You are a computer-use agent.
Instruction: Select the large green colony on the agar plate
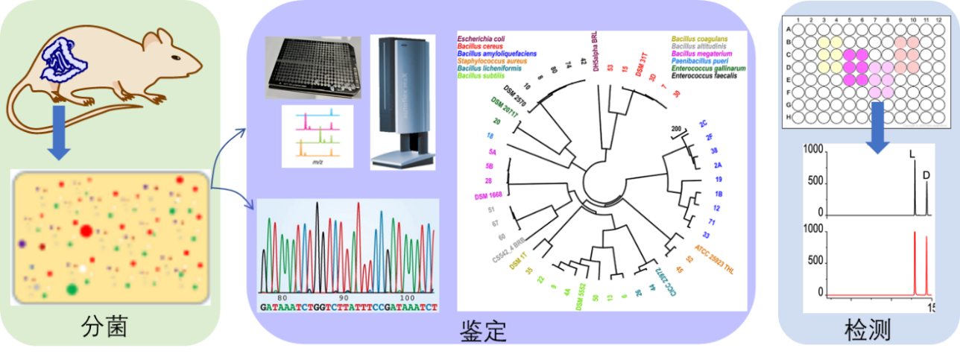[72, 288]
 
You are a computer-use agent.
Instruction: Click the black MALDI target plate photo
[312, 68]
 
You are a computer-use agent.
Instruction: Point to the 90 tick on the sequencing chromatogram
[342, 298]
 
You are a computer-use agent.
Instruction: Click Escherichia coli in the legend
[487, 37]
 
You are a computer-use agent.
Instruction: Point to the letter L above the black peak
[911, 154]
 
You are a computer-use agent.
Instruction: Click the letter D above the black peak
[926, 175]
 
